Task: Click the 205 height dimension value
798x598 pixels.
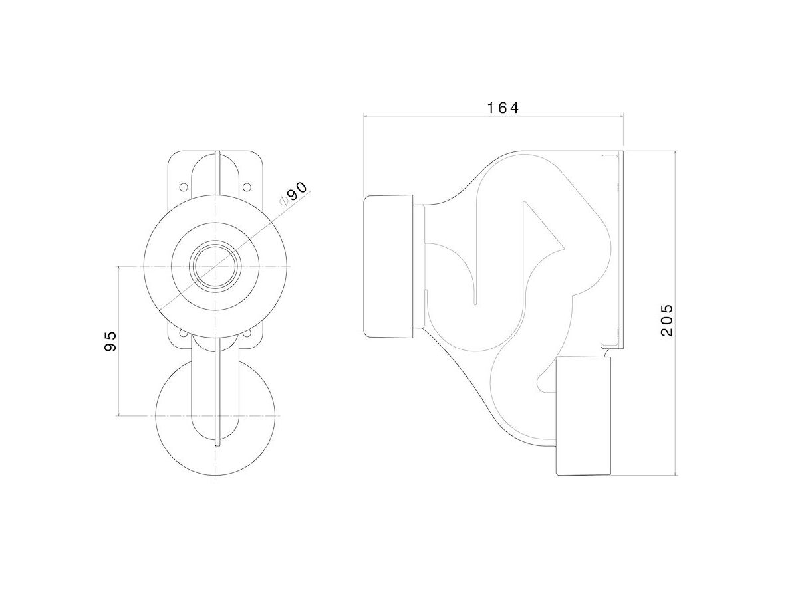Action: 667,320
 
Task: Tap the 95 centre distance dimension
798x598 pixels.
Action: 111,341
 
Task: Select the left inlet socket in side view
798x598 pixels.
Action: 390,266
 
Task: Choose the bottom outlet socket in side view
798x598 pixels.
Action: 583,415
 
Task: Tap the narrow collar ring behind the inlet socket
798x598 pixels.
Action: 419,266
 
